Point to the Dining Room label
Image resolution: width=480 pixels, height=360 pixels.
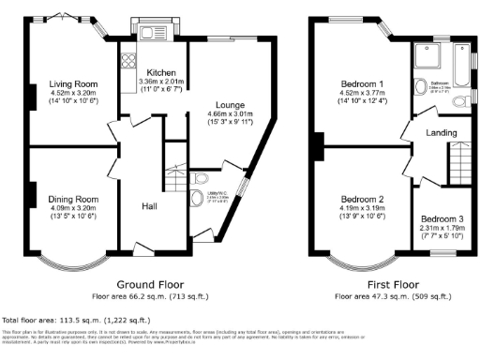point(73,199)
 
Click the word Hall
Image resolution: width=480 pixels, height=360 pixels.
point(149,205)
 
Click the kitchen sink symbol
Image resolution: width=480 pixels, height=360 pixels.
point(151,35)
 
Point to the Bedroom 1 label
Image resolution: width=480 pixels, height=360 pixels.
point(362,82)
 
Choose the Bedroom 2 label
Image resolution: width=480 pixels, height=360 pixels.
point(362,199)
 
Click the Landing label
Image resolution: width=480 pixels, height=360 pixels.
point(441,133)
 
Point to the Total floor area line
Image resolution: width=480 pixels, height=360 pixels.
point(65,319)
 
